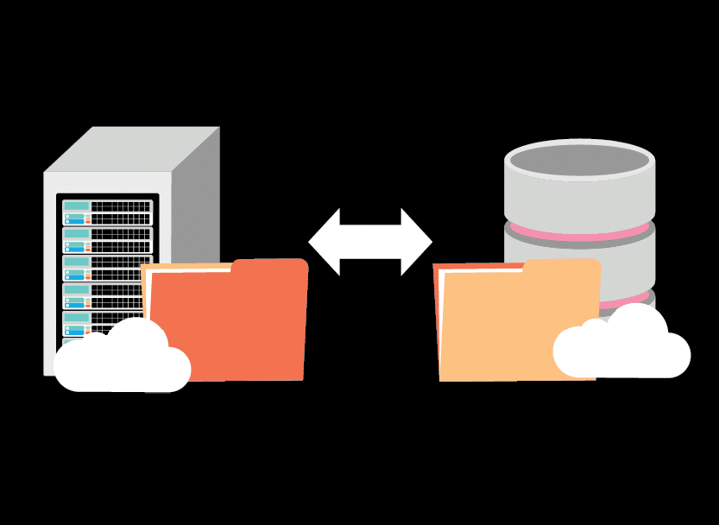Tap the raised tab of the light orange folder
coord(561,268)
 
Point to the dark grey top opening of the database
coord(579,160)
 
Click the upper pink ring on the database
coord(579,232)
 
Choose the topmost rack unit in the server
coord(107,212)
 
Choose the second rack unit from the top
coord(107,239)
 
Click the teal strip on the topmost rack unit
coord(77,206)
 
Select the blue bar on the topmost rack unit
coord(75,220)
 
